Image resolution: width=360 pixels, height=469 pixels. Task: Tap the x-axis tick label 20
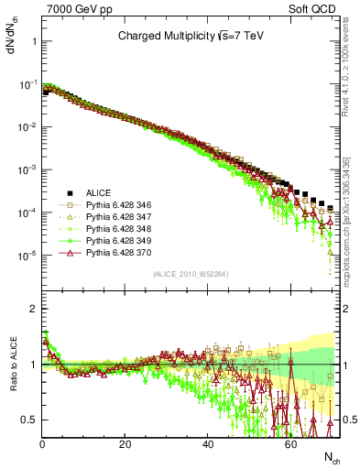click(x=125, y=443)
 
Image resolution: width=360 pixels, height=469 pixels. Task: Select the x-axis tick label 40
click(x=207, y=443)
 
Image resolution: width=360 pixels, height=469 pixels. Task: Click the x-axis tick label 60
click(x=289, y=443)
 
